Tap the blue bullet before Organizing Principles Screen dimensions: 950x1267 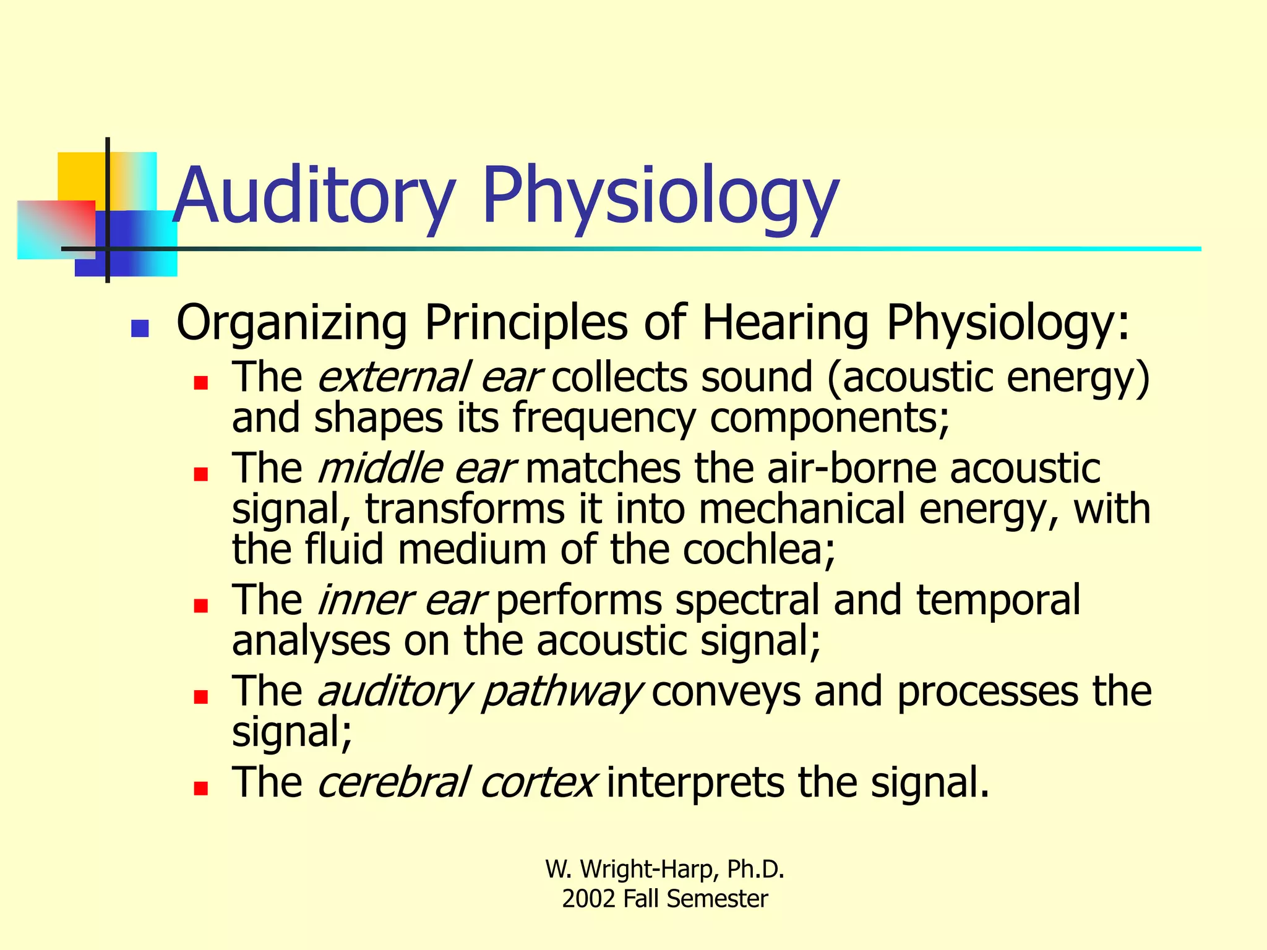tap(140, 328)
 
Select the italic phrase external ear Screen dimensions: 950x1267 tap(429, 377)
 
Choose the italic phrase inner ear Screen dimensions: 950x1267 tap(401, 600)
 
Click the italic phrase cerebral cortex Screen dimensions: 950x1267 tap(457, 782)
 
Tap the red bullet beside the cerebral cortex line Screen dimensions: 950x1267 tap(200, 788)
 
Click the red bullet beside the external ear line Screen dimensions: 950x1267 tap(200, 383)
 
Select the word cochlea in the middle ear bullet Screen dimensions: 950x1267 tap(758, 549)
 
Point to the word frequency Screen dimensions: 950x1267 tap(604, 418)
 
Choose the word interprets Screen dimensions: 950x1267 tap(695, 782)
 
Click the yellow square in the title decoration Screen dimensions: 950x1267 tap(80, 176)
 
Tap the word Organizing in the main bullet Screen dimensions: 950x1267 tap(291, 323)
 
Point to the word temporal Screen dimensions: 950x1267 tap(998, 600)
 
